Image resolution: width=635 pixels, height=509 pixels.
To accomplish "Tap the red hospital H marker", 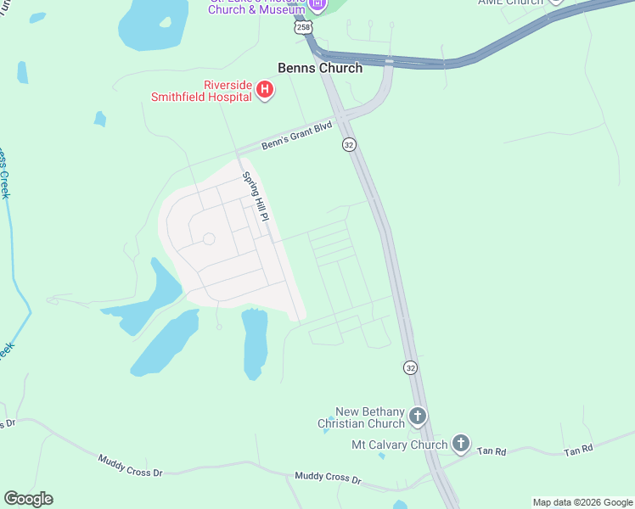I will pos(265,89).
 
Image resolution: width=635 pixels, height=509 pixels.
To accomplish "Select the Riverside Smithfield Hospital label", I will pos(201,91).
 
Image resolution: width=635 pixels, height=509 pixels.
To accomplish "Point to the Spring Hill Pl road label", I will pos(256,197).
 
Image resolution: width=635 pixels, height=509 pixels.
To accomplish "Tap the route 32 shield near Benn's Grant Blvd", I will pos(349,145).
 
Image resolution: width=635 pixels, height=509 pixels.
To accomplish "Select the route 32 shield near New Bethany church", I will pos(411,367).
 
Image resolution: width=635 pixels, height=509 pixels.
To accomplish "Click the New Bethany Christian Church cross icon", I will pos(417,417).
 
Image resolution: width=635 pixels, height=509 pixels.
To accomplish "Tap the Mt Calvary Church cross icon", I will pos(460,443).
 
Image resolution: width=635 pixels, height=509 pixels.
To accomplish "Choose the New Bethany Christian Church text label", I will pos(361,417).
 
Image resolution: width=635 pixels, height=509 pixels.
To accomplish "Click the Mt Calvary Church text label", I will pos(399,445).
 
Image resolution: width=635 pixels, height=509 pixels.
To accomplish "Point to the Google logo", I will pos(28,499).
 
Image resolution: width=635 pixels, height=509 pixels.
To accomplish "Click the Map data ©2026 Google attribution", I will pos(582,502).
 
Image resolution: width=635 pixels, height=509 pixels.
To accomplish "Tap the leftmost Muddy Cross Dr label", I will pos(130,465).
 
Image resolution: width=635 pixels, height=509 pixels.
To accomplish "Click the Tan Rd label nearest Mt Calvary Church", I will pos(491,451).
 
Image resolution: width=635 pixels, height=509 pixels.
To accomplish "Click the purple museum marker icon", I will pos(318,5).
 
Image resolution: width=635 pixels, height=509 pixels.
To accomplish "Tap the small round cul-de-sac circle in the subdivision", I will pos(209,239).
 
